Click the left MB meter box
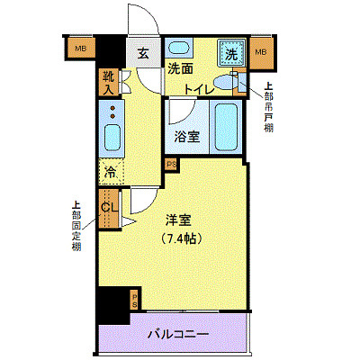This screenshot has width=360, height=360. pos(80,49)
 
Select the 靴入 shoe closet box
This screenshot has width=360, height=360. pos(110,83)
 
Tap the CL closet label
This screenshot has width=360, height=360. pos(109,209)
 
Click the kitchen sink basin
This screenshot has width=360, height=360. pos(112,138)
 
